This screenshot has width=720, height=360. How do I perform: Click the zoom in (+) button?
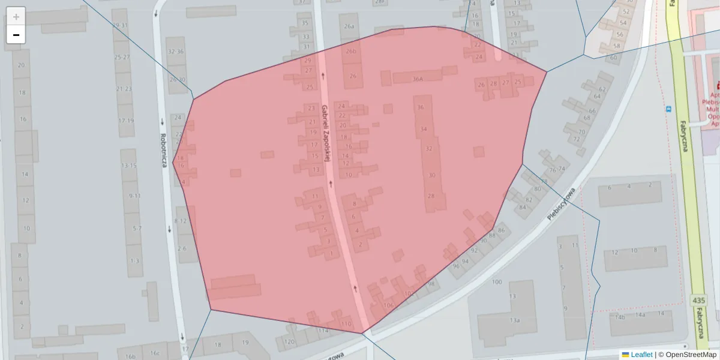(16, 17)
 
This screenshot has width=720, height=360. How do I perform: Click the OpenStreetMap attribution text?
(686, 355)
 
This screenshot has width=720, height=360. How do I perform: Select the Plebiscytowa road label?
(562, 204)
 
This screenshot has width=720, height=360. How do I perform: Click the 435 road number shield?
(698, 300)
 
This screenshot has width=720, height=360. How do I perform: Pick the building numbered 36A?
(418, 79)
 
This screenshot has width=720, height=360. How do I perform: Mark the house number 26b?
(350, 52)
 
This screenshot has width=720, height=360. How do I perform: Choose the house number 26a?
(349, 26)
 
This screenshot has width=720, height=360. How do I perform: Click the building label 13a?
(514, 320)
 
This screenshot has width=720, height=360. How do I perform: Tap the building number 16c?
(155, 353)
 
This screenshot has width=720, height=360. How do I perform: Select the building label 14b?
(620, 317)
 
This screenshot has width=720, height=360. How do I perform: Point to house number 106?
(388, 305)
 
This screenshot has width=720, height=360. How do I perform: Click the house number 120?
(289, 342)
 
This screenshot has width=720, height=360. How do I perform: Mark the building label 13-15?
(129, 166)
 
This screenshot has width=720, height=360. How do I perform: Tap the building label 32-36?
(176, 52)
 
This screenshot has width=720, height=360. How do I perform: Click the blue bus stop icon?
(668, 109)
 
